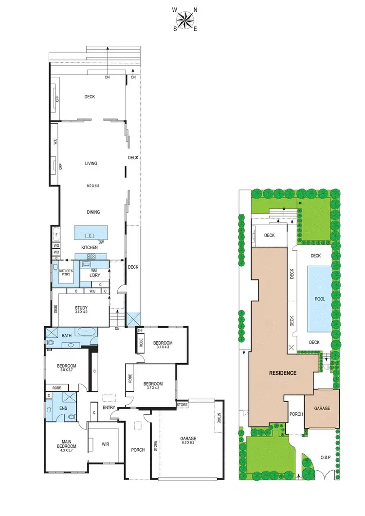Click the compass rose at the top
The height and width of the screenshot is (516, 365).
(184, 20)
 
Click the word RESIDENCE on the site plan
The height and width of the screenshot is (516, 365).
(283, 373)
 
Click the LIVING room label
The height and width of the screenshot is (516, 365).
(91, 164)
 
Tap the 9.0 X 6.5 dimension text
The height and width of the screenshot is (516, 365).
(91, 185)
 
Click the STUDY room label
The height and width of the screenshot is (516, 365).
(81, 307)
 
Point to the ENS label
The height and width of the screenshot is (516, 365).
(63, 408)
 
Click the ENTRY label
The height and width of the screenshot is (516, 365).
(109, 407)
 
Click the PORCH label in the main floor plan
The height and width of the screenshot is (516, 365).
(138, 450)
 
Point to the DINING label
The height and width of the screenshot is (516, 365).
(92, 212)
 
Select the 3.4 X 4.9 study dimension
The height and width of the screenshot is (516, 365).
(81, 312)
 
